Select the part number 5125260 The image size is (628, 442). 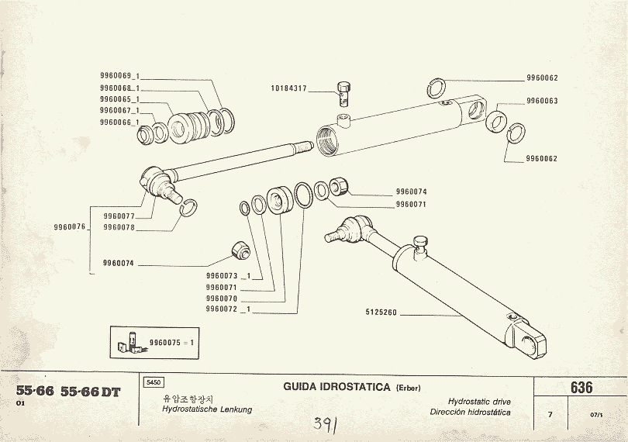pyautogui.click(x=381, y=313)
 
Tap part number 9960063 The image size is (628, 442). pyautogui.click(x=542, y=101)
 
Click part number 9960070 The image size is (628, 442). pyautogui.click(x=221, y=298)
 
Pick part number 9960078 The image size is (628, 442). pyautogui.click(x=119, y=227)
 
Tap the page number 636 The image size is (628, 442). pyautogui.click(x=581, y=388)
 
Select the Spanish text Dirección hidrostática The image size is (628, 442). pyautogui.click(x=471, y=413)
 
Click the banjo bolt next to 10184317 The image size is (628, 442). pyautogui.click(x=344, y=94)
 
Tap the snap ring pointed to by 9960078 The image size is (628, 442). pyautogui.click(x=188, y=205)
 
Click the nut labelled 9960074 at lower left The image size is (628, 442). pyautogui.click(x=240, y=251)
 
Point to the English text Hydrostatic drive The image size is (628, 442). pyautogui.click(x=480, y=402)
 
